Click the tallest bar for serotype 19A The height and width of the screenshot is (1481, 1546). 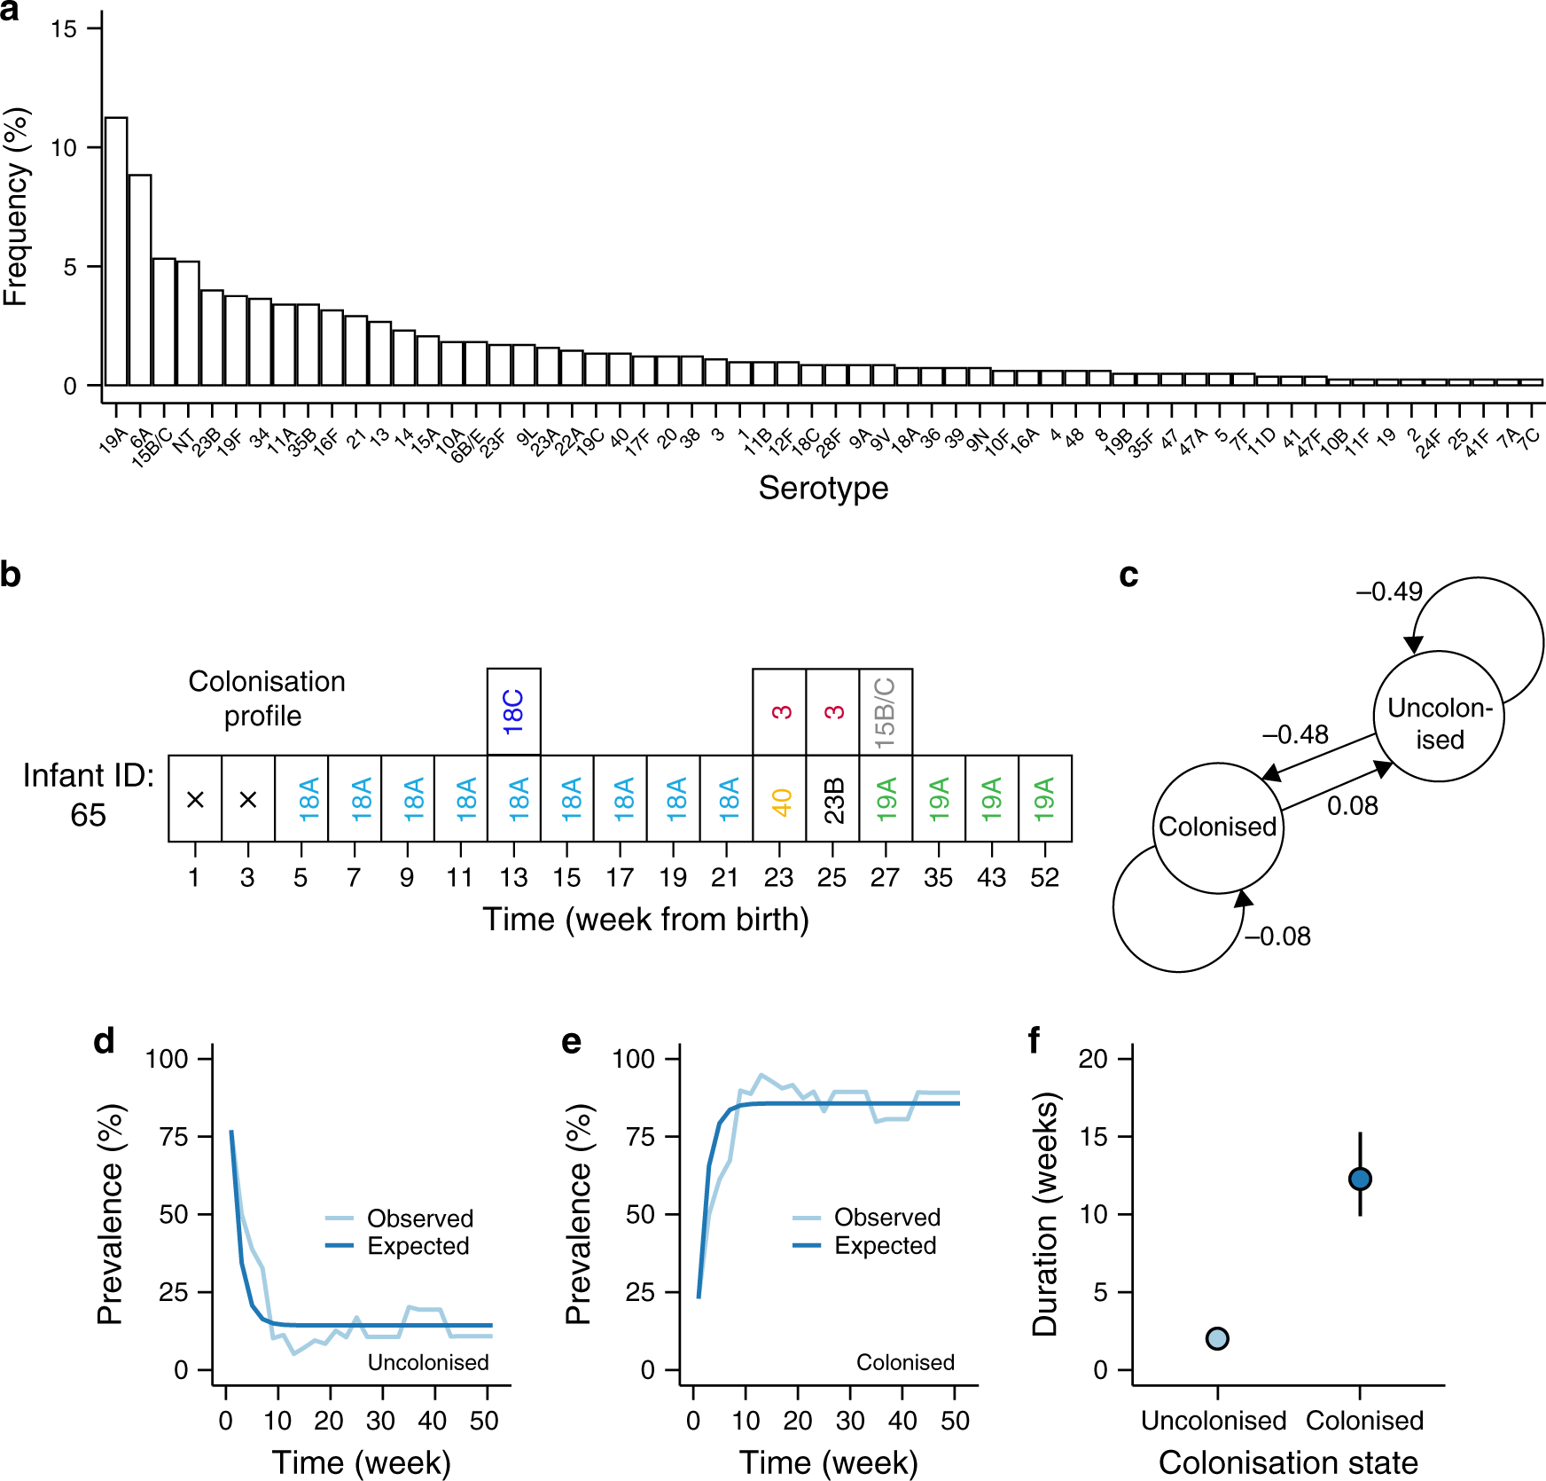click(115, 252)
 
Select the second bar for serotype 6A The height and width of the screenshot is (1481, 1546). click(139, 280)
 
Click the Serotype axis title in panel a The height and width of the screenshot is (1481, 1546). click(823, 488)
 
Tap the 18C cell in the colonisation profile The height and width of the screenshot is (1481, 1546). click(513, 711)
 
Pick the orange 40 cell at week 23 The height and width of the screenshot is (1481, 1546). click(779, 799)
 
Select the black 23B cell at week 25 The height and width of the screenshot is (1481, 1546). click(832, 799)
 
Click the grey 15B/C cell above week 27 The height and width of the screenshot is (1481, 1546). click(886, 711)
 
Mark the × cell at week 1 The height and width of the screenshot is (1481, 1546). click(195, 799)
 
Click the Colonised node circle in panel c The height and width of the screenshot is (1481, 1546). click(1218, 827)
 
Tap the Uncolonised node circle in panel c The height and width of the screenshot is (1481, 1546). click(1439, 717)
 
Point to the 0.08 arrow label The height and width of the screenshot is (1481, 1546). click(1352, 806)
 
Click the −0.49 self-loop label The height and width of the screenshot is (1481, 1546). click(1388, 592)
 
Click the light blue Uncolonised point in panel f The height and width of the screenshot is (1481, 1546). click(1217, 1338)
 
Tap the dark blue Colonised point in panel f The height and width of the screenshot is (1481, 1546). click(1360, 1179)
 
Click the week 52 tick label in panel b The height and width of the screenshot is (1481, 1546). click(1044, 878)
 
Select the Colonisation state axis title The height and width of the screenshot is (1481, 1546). click(1287, 1462)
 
